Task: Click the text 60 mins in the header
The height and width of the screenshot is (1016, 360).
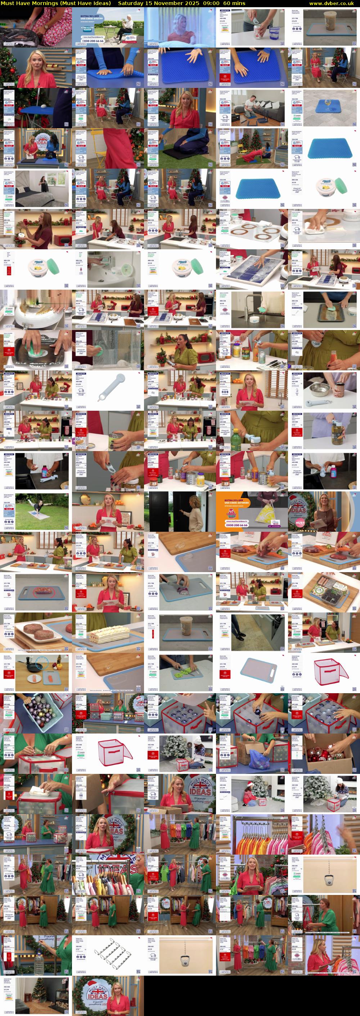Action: pos(234,3)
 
